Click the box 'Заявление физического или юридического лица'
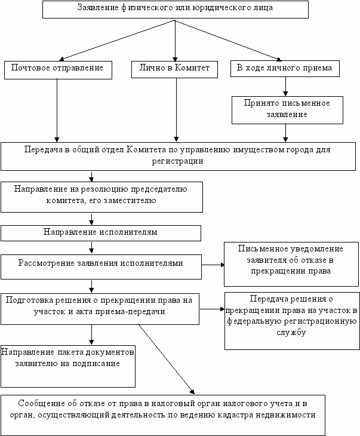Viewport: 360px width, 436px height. coord(176,10)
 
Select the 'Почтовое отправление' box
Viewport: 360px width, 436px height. coord(58,70)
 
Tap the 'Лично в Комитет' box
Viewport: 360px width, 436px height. coord(174,69)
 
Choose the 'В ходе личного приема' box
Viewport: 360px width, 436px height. coord(285,69)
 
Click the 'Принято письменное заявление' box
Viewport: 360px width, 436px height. coord(287,110)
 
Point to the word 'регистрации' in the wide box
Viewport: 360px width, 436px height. coord(178,161)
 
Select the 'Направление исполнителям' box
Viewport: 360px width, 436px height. coord(101,233)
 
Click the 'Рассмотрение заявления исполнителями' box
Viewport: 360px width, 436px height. coord(101,267)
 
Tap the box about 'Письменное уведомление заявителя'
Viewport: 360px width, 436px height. coord(291,264)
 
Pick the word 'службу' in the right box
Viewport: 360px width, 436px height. coord(291,333)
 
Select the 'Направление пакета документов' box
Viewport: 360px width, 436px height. coord(68,366)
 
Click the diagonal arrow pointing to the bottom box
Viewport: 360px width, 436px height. coord(166,359)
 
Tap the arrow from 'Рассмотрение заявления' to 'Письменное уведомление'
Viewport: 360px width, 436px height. coord(213,265)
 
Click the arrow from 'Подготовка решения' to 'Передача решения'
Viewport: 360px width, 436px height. coord(212,309)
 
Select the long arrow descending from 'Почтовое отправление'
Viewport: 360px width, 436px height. coord(57,110)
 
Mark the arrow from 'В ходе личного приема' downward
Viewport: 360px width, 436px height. coord(285,86)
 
